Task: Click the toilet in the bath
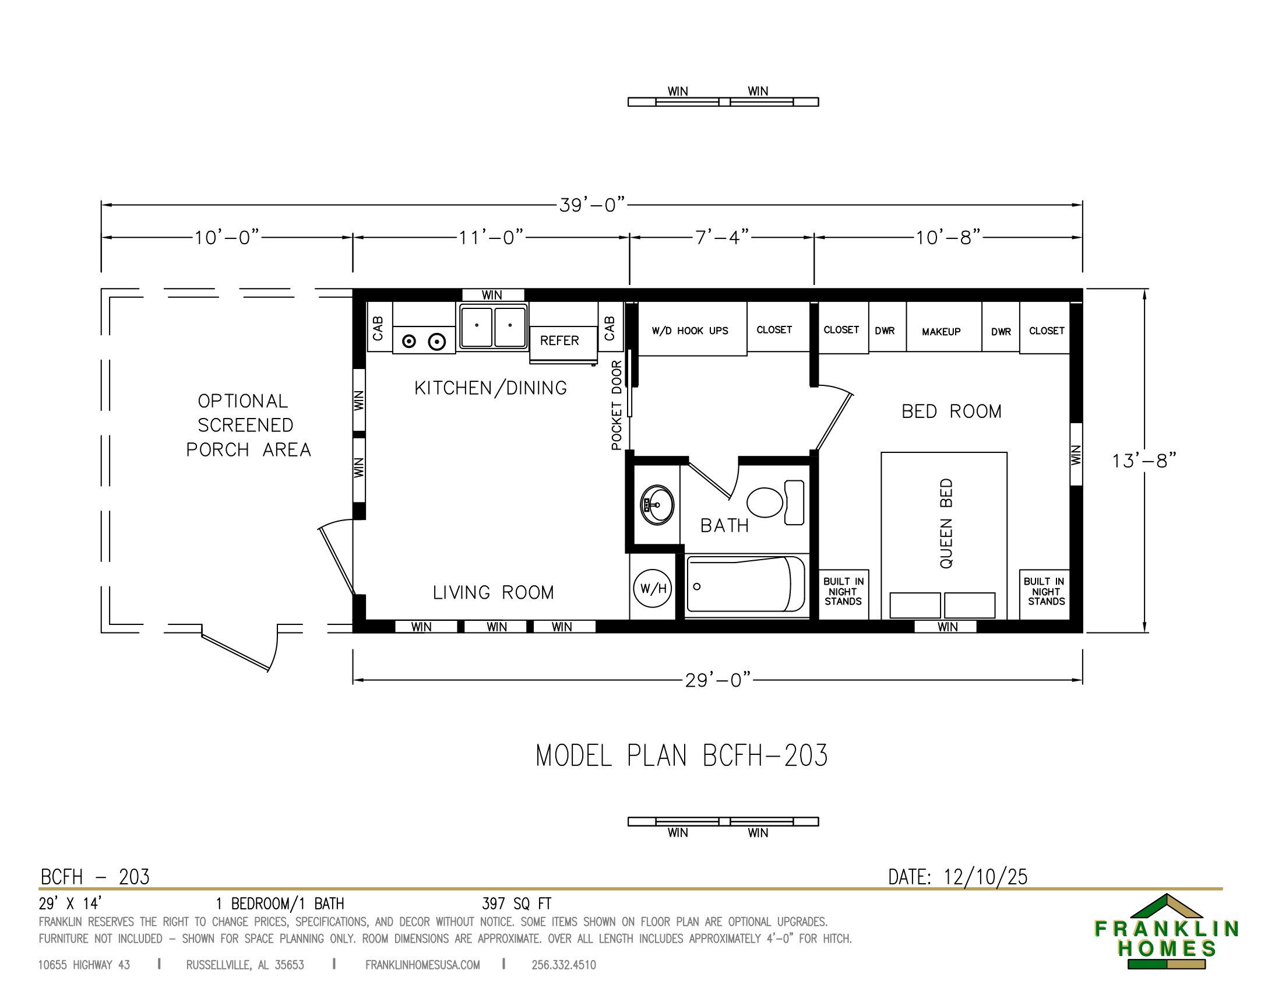tap(776, 502)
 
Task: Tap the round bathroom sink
tap(657, 505)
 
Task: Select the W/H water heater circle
tap(653, 588)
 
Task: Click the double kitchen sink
tap(493, 326)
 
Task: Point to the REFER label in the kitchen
tap(559, 340)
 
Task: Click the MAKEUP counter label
tap(941, 332)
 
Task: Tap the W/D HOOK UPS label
tap(690, 331)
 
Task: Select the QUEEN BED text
tap(946, 523)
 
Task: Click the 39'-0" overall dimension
tap(591, 205)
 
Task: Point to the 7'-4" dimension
tap(722, 237)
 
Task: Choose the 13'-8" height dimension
tap(1144, 461)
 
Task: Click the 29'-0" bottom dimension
tap(718, 680)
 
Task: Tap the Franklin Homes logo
tap(1167, 932)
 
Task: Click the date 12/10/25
tap(985, 877)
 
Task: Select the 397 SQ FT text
tap(516, 904)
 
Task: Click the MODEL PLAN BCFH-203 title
tap(682, 755)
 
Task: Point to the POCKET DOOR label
tap(617, 405)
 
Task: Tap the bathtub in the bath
tap(745, 585)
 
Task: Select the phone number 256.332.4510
tap(563, 965)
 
